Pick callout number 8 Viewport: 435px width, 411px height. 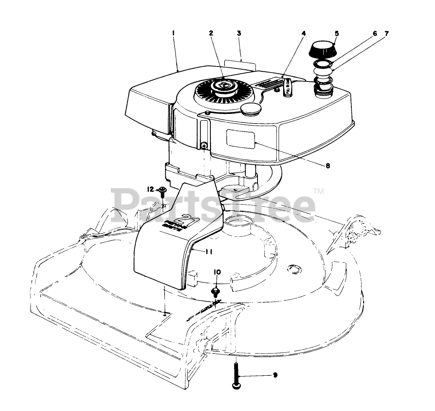coord(327,165)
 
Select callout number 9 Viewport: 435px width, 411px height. coord(275,375)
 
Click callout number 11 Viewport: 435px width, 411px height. coord(209,251)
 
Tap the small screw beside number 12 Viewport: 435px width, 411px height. coord(162,191)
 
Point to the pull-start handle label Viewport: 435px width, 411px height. coord(286,86)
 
